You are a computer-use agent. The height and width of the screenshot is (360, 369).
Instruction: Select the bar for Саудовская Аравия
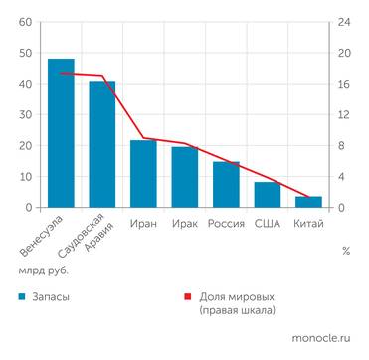(x=102, y=144)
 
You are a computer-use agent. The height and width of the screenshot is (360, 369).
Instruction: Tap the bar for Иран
(x=143, y=174)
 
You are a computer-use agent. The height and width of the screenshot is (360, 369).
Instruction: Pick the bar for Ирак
(x=185, y=177)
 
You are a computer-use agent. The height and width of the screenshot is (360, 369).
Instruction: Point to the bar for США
(x=268, y=195)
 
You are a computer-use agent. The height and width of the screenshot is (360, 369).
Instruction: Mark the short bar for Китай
(x=308, y=202)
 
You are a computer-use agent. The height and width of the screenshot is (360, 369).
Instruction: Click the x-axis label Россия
(x=226, y=224)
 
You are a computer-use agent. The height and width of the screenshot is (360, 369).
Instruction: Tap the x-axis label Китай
(x=308, y=224)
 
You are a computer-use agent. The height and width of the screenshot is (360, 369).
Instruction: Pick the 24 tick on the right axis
(x=342, y=22)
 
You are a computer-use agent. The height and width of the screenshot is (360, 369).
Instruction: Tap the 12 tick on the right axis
(x=342, y=115)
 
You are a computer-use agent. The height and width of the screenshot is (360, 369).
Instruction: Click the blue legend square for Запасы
(x=21, y=296)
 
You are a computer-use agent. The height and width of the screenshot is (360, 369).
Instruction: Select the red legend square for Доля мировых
(x=186, y=296)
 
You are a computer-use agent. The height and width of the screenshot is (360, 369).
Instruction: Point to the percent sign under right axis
(x=345, y=251)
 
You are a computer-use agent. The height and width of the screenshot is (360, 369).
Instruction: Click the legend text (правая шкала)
(x=237, y=311)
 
